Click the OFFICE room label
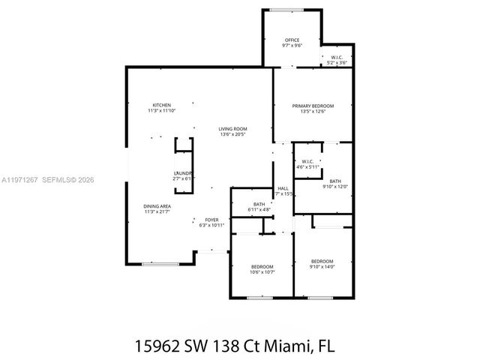292,40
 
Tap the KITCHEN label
162,105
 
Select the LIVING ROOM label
232,129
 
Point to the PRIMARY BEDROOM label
313,106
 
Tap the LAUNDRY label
184,173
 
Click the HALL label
283,188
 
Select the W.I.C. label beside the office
336,57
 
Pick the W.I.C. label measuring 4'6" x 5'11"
307,162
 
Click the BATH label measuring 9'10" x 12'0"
334,181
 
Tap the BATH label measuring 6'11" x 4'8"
259,204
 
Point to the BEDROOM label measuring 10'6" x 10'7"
262,266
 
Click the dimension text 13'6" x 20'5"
232,135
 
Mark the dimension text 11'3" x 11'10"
162,111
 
